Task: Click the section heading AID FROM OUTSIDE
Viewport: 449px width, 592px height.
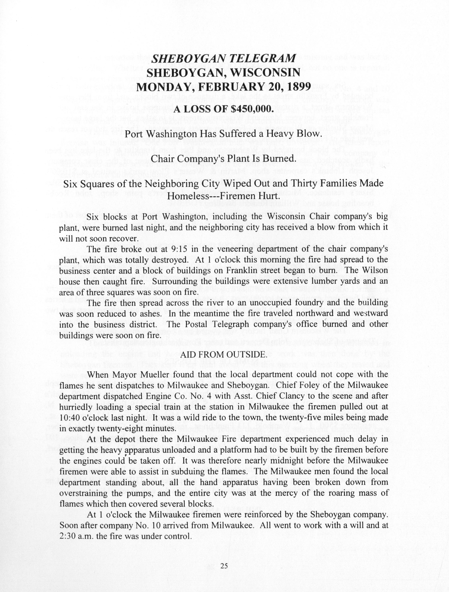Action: pyautogui.click(x=224, y=355)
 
